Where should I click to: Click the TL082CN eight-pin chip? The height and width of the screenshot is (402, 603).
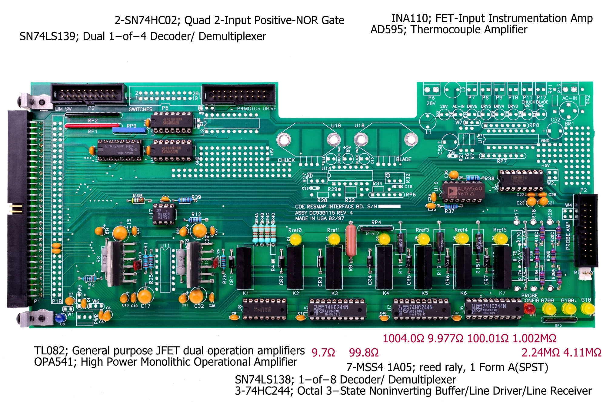click(x=164, y=214)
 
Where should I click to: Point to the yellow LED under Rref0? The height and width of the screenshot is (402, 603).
click(x=295, y=240)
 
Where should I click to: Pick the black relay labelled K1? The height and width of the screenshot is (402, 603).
click(x=245, y=268)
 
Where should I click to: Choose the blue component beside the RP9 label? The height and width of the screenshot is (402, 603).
click(x=129, y=130)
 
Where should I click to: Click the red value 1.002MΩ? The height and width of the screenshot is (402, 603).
click(x=534, y=338)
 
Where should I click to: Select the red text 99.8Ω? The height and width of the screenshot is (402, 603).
click(x=364, y=353)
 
